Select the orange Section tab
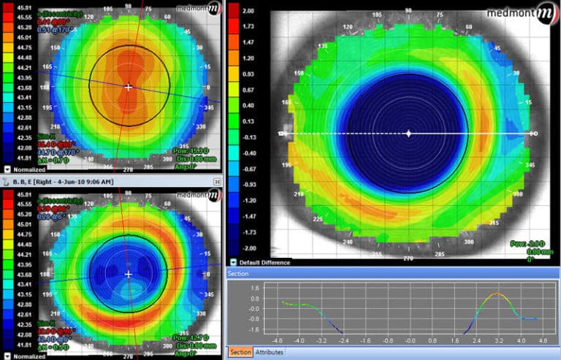[240, 353]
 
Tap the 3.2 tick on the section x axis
[499, 340]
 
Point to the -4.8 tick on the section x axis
[277, 340]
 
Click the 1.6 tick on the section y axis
[255, 288]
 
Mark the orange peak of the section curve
[498, 294]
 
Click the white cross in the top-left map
[129, 87]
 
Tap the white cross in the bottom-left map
[129, 274]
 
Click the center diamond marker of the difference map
[408, 134]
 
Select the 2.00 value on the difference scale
[247, 12]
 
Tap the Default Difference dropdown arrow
[233, 262]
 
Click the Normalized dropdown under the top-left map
[7, 167]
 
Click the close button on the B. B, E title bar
[216, 180]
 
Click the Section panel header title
[238, 273]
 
